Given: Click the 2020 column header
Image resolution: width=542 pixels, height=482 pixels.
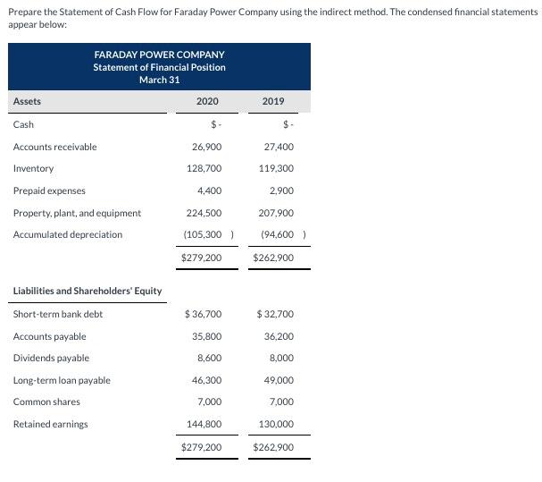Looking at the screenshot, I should (207, 102).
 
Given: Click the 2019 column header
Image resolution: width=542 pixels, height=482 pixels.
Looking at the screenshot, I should (273, 102).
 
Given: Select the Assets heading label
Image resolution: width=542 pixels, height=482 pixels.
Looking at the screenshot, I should (27, 102).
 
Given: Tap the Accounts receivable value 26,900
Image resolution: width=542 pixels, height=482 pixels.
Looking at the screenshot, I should (207, 147).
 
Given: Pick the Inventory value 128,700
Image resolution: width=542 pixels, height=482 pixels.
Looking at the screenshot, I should (204, 168).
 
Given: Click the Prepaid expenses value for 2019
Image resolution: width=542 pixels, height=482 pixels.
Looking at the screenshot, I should (280, 190).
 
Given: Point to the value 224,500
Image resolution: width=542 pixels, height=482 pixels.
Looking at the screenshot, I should (204, 213).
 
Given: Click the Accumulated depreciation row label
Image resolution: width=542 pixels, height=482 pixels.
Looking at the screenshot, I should (68, 234).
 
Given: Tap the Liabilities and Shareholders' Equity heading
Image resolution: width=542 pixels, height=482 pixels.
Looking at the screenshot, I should (87, 291).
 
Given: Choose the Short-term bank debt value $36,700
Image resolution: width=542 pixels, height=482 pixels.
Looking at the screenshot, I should (203, 314).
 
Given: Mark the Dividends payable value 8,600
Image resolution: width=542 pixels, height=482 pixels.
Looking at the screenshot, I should (209, 358).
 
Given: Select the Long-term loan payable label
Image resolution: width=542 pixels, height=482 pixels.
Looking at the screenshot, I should (62, 380).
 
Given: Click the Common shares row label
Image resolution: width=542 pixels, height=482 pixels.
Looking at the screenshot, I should (46, 402).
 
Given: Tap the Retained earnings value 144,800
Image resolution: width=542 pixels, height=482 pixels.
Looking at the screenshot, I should (204, 424).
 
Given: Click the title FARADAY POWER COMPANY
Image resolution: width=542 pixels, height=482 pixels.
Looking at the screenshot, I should (159, 55).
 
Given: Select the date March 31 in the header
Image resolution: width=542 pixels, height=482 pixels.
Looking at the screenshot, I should (159, 80).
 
